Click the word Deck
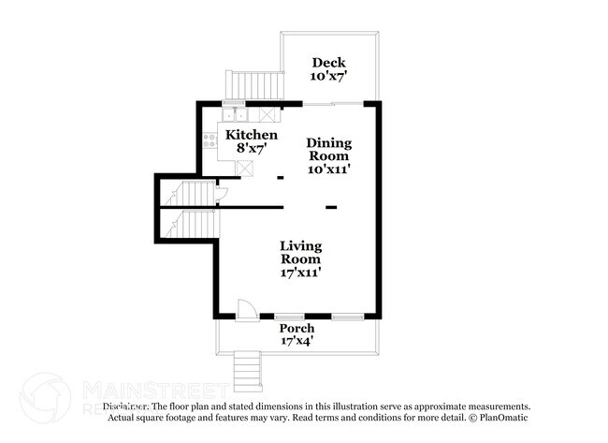(x=328, y=63)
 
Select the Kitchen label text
(x=252, y=135)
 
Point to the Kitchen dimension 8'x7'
(x=252, y=148)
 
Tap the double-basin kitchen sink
(x=235, y=115)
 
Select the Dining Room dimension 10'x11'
(x=329, y=170)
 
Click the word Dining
(x=329, y=142)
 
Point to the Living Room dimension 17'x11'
(x=301, y=273)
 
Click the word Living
(x=301, y=245)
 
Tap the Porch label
(x=297, y=329)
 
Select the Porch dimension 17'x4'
(x=297, y=342)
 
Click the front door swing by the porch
(x=245, y=309)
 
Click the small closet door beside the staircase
(x=221, y=195)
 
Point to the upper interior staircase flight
(x=190, y=194)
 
